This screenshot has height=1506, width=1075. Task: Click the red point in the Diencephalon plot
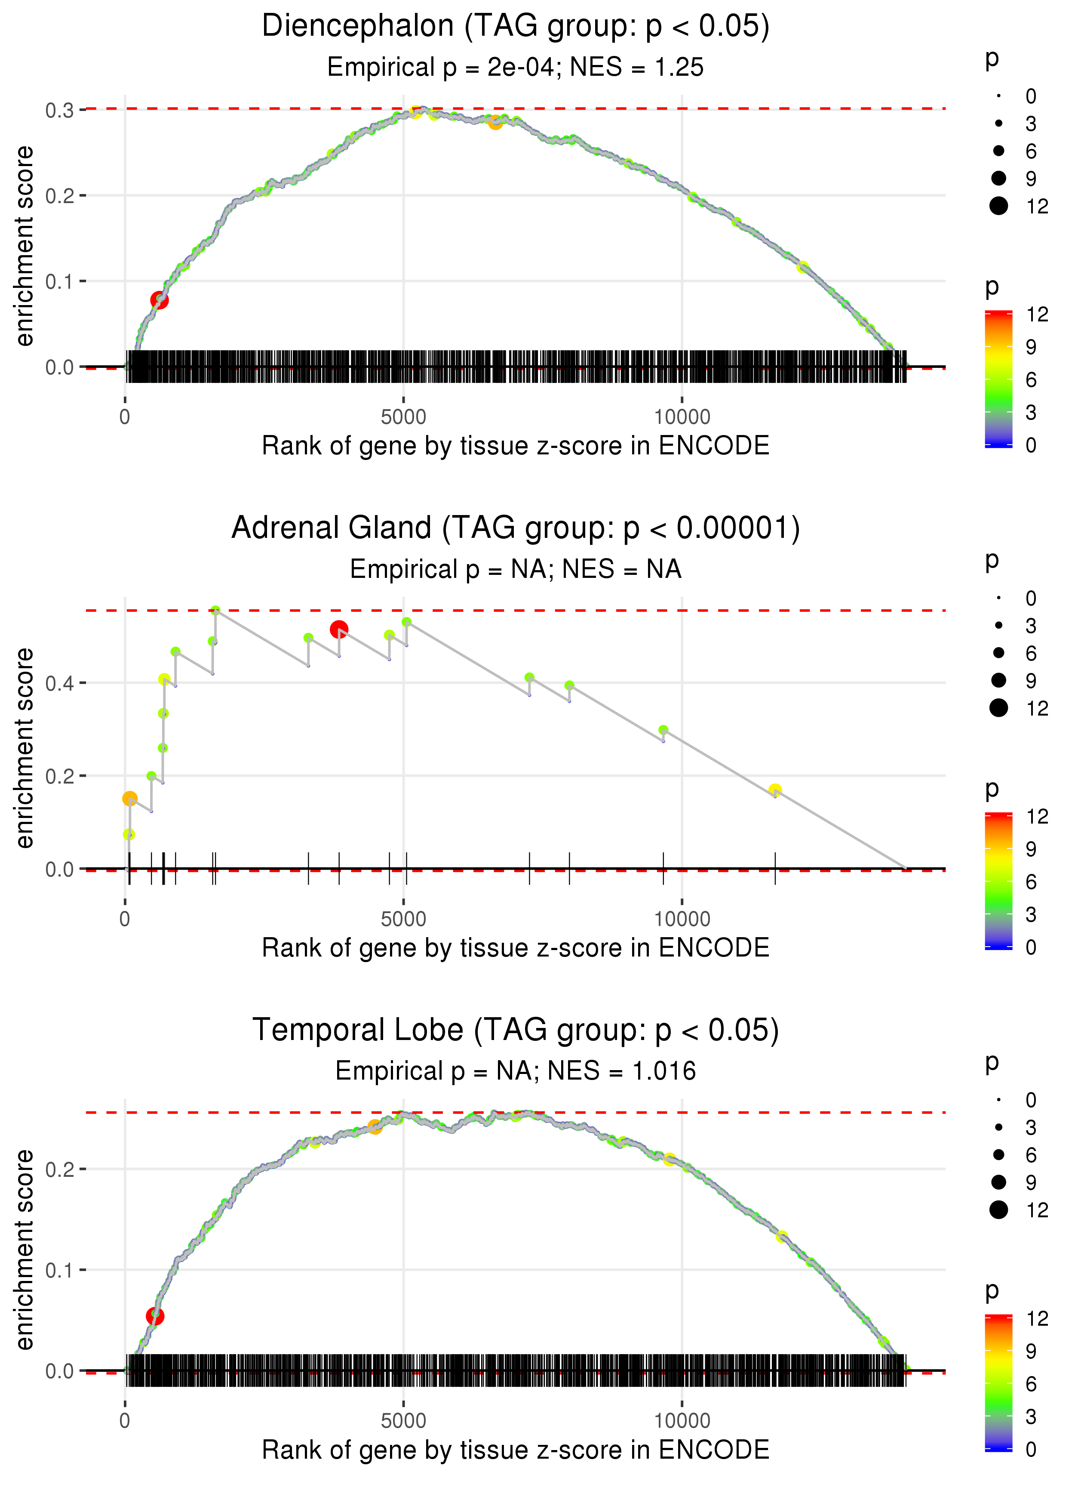(x=159, y=300)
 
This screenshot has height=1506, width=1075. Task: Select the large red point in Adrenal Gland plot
(x=339, y=629)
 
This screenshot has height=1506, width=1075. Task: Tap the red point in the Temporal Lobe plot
(x=155, y=1316)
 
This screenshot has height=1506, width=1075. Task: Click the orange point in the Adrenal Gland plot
(x=130, y=798)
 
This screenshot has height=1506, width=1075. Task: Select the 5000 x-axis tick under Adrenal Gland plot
(x=403, y=919)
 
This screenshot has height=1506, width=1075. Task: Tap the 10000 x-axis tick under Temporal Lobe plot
(x=682, y=1420)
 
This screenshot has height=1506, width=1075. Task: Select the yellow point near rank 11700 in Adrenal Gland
(x=775, y=790)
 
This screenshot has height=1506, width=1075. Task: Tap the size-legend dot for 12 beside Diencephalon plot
(x=998, y=206)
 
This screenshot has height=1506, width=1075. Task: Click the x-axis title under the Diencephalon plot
(x=515, y=446)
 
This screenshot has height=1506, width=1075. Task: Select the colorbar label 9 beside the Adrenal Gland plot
(x=1031, y=849)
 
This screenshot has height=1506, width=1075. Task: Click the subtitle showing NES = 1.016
(x=515, y=1071)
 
